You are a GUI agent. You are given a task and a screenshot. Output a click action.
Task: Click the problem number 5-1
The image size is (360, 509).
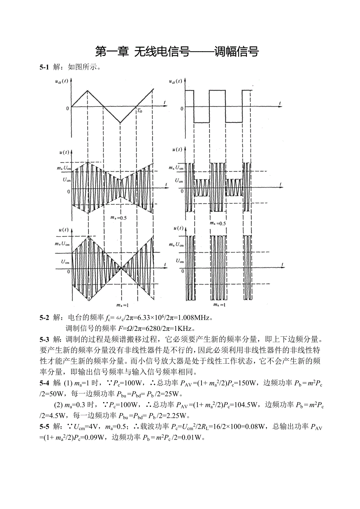click(x=44, y=67)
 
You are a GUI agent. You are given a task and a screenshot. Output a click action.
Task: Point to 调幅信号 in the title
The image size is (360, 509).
click(x=237, y=51)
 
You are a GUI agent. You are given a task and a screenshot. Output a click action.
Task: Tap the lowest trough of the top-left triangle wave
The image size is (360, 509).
click(x=120, y=123)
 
